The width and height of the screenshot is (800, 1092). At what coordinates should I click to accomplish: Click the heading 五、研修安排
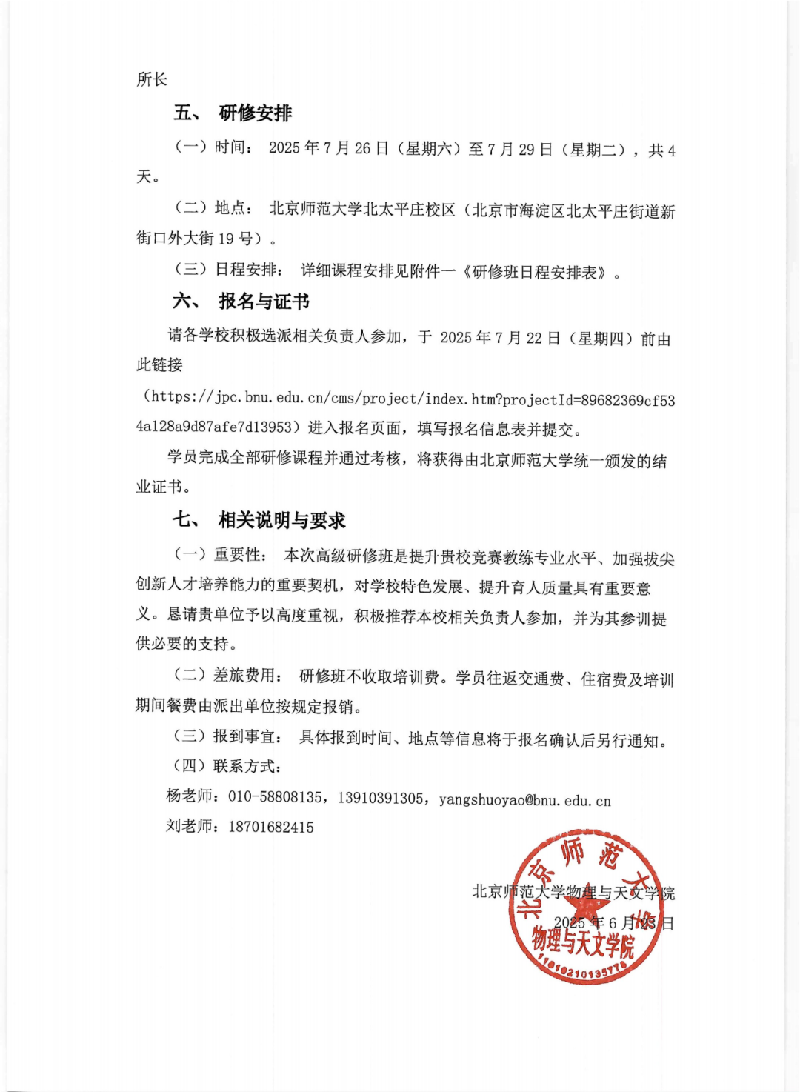pos(233,113)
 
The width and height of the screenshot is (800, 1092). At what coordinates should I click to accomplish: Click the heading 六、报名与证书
pos(241,302)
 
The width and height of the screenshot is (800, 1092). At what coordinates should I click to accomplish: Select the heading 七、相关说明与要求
pos(259,520)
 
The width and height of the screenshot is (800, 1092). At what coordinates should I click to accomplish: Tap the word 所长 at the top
pos(152,79)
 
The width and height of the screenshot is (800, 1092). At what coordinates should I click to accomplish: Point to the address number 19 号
pos(236,239)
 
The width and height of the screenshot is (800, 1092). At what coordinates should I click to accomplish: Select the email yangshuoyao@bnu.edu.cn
pos(524,800)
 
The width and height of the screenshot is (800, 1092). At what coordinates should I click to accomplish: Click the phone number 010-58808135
pos(275,798)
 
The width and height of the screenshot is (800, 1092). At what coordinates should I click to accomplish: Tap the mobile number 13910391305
pos(381,799)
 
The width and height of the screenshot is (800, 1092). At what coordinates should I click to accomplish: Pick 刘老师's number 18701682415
pos(271,828)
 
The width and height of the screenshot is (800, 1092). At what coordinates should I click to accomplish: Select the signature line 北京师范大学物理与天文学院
pos(573,892)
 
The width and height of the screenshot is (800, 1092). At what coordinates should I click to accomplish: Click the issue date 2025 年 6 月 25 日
pos(613,923)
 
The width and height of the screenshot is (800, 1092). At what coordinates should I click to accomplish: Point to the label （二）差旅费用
pos(227,675)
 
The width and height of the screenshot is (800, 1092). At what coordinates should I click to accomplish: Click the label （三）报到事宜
pos(227,736)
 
